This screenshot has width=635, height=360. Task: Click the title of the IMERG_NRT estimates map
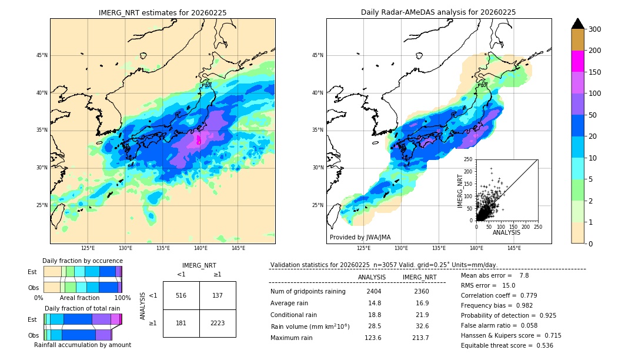point(162,12)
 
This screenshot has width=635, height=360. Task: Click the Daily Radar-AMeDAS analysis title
point(439,12)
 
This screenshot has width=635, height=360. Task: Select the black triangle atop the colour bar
point(578,24)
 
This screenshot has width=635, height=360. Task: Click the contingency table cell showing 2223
point(218,324)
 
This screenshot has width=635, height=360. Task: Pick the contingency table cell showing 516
point(181,295)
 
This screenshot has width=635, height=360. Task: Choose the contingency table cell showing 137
point(218,295)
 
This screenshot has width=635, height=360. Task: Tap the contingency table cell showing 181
point(181,324)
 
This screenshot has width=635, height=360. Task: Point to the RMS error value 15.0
point(510,285)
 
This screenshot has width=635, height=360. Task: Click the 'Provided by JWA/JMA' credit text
point(360,237)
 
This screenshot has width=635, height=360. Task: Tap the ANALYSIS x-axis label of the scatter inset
point(506,232)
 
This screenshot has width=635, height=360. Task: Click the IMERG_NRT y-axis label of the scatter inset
point(461,189)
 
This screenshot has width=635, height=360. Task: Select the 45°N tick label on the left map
point(41,55)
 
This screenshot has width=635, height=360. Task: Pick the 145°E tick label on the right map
point(514,249)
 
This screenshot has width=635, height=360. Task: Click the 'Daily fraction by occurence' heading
point(82,261)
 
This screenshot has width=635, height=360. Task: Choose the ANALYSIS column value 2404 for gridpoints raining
point(374,291)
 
